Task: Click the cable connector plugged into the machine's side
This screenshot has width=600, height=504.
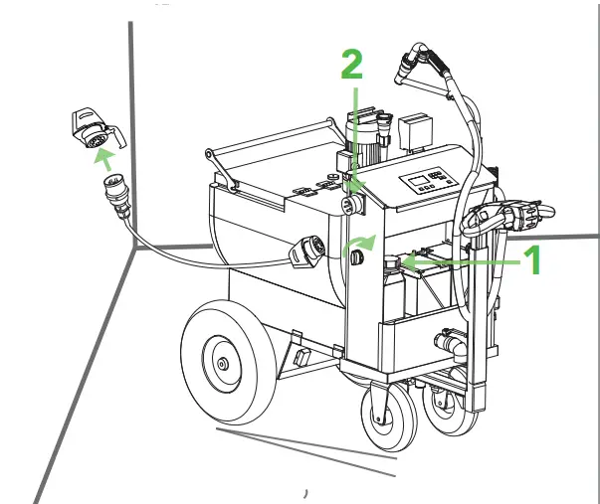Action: click(x=303, y=254)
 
